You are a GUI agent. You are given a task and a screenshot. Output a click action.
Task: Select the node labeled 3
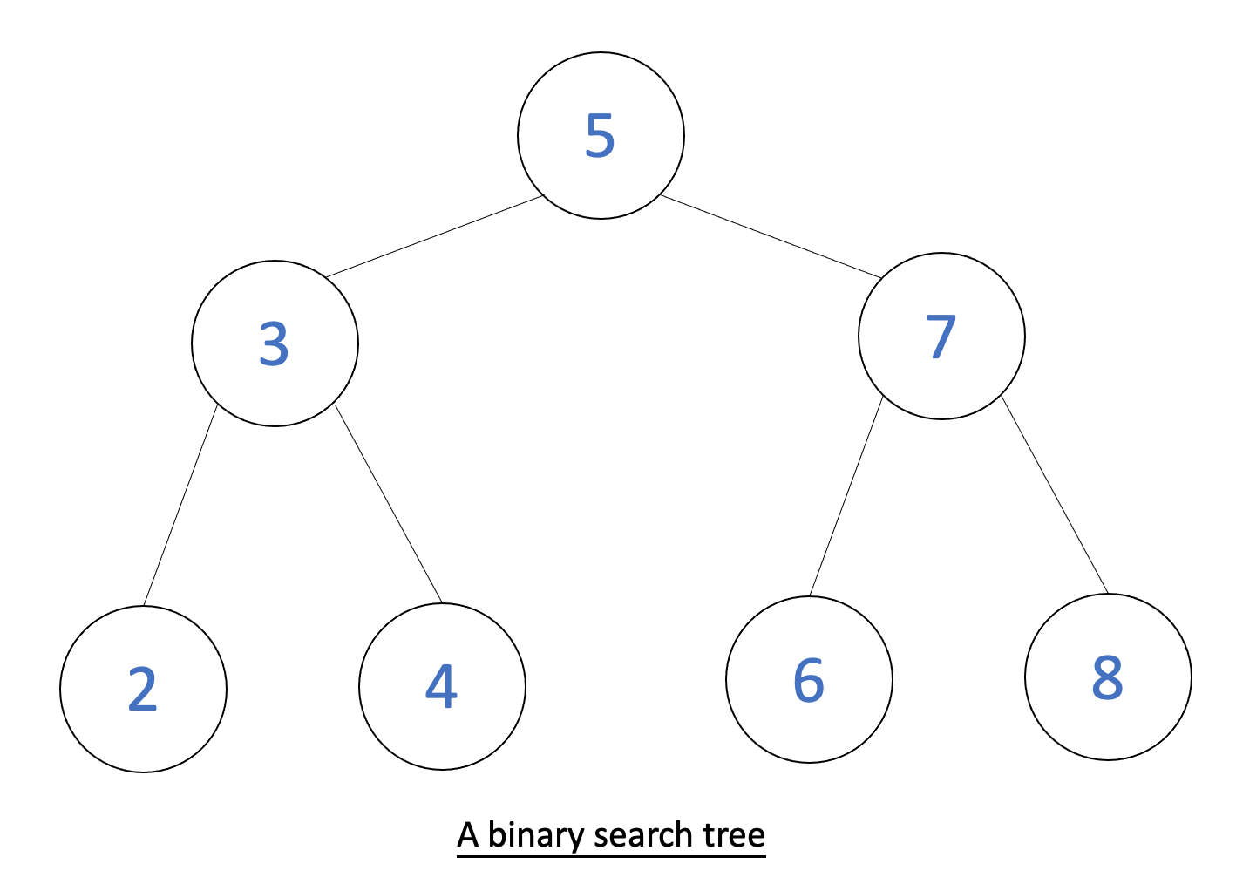pyautogui.click(x=275, y=343)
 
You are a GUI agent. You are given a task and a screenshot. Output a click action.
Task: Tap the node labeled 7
pyautogui.click(x=941, y=336)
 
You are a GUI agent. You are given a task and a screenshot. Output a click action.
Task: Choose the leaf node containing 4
pyautogui.click(x=442, y=686)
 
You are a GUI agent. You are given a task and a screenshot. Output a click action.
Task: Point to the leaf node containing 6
pyautogui.click(x=809, y=680)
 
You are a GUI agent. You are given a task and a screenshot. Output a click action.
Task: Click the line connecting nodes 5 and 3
pyautogui.click(x=434, y=236)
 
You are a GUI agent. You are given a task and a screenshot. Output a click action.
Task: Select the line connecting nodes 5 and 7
pyautogui.click(x=771, y=236)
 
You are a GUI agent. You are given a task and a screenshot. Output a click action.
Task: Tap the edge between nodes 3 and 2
pyautogui.click(x=180, y=506)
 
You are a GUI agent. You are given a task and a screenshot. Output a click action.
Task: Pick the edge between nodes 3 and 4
pyautogui.click(x=389, y=504)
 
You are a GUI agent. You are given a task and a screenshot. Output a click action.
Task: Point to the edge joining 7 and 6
pyautogui.click(x=846, y=497)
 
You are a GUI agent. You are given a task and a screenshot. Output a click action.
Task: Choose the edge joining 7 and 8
pyautogui.click(x=1055, y=495)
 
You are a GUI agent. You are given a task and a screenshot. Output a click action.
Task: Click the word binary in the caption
pyautogui.click(x=535, y=835)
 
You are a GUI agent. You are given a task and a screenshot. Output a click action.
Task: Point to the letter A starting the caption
pyautogui.click(x=468, y=835)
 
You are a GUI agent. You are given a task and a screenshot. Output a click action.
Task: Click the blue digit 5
pyautogui.click(x=600, y=135)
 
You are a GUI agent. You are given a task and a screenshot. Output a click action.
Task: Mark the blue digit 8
pyautogui.click(x=1107, y=677)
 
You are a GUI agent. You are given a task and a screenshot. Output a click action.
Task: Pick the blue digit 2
pyautogui.click(x=142, y=689)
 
